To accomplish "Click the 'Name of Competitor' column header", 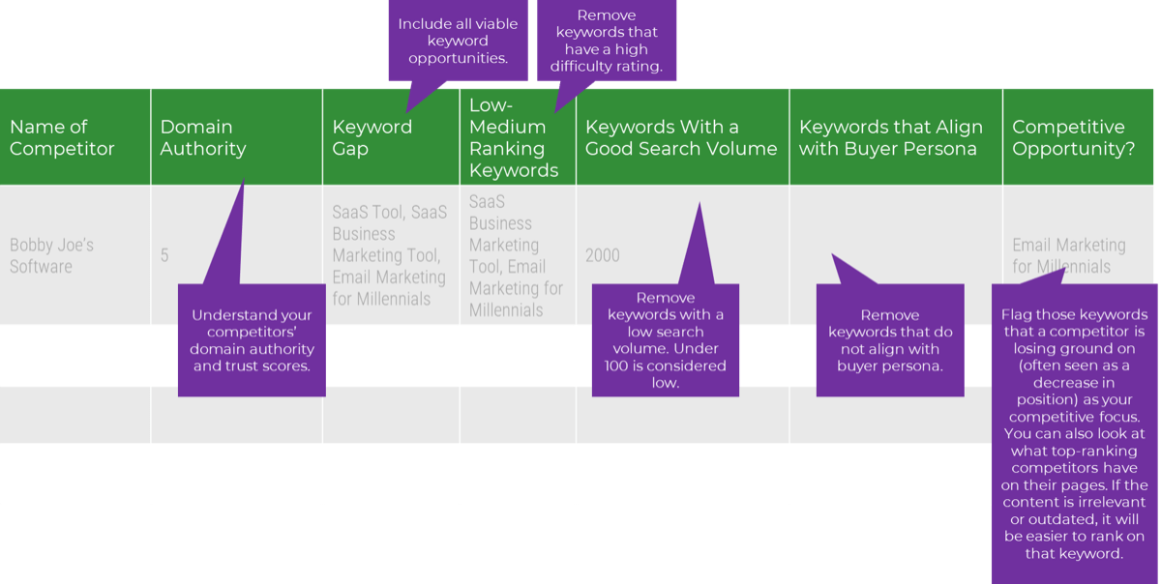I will (x=62, y=137).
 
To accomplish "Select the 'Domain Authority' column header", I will (x=203, y=137).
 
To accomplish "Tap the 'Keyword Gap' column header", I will (x=372, y=137).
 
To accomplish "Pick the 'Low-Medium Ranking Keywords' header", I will (x=514, y=137).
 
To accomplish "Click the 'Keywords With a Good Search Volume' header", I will (x=681, y=137).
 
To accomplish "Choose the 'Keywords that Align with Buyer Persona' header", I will (x=890, y=137).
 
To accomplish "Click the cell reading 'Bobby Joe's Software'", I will (x=52, y=255).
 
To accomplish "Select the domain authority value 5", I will (x=164, y=255).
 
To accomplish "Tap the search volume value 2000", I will (x=603, y=255).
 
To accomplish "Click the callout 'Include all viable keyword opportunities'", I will (x=458, y=42).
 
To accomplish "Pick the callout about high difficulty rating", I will (x=606, y=42).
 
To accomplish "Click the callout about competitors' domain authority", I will (x=252, y=340).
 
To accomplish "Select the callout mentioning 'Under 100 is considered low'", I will (x=665, y=340).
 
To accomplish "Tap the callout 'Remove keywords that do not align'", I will (x=890, y=340).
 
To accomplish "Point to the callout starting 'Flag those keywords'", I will (x=1075, y=433).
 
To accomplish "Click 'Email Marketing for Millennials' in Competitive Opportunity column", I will (x=1069, y=255).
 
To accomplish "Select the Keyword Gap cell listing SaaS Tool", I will (x=389, y=255).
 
